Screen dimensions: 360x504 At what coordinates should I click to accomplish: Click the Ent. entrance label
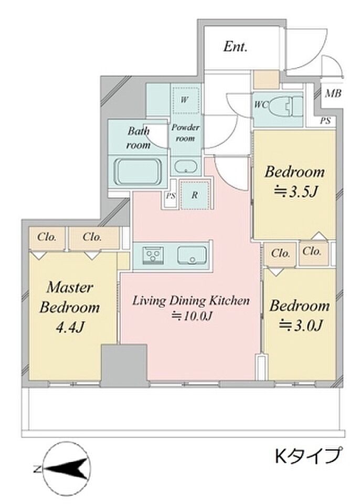pos(236,47)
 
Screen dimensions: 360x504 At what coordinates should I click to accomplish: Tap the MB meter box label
pos(333,94)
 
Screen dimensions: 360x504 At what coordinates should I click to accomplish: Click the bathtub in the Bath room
pos(137,172)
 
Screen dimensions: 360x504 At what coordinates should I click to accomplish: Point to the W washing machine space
pos(185,100)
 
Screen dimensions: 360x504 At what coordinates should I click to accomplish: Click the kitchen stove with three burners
pos(153,256)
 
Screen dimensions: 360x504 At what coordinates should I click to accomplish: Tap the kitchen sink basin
pos(192,255)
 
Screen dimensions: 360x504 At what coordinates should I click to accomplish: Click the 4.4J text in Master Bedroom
pos(70,328)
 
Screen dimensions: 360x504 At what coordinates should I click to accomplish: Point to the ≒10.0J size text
pos(192,317)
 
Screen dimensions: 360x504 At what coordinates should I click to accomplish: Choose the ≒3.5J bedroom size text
pos(295,192)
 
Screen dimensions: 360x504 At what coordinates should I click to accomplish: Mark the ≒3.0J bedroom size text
pos(300,325)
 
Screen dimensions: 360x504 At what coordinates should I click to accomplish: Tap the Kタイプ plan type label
pos(308,456)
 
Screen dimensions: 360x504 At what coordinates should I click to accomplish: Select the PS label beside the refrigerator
pos(171,195)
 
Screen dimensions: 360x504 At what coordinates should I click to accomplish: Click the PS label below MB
pos(325,121)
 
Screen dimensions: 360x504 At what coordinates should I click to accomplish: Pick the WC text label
pos(261,104)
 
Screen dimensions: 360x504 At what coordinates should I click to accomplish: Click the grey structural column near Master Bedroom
pos(124,365)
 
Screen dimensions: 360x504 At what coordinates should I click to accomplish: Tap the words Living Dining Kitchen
pos(191,301)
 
